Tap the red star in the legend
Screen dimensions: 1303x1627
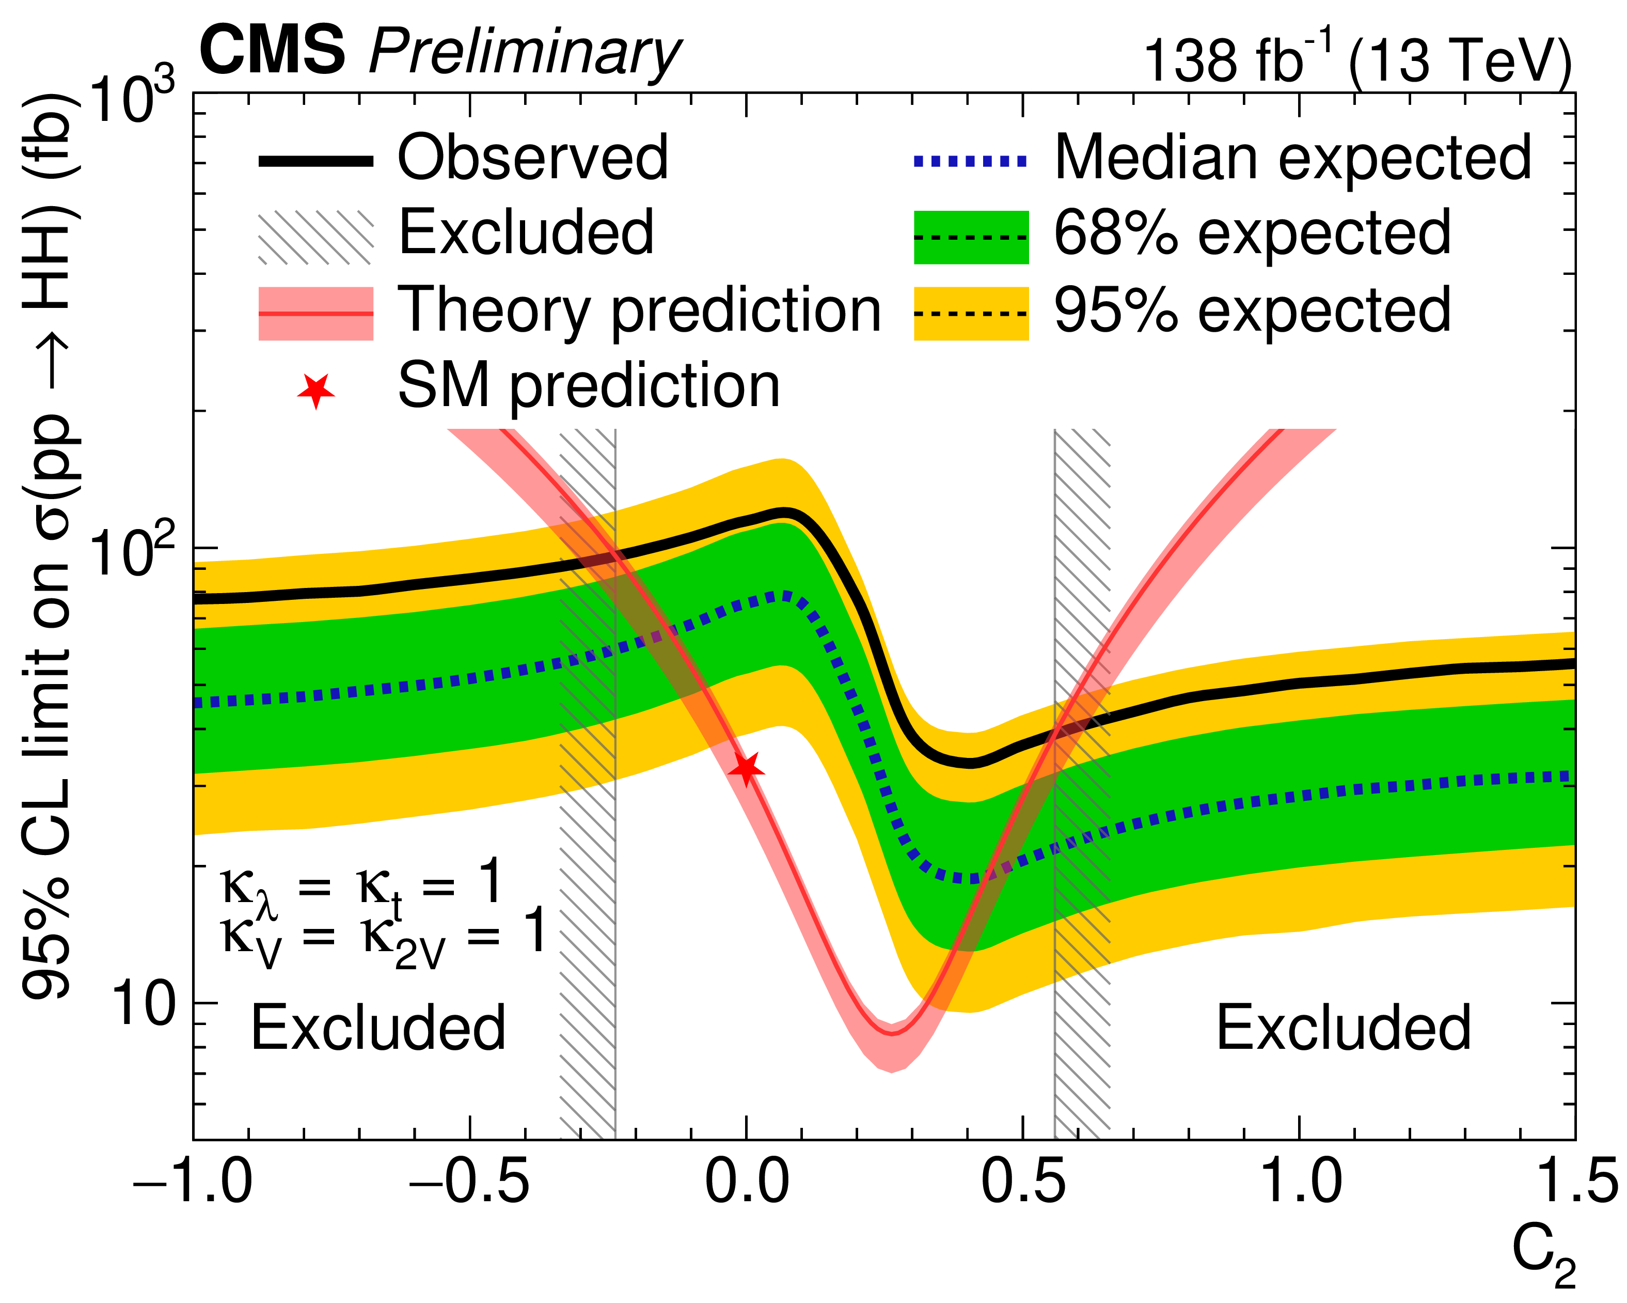pos(315,390)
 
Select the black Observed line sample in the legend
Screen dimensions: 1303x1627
pos(315,161)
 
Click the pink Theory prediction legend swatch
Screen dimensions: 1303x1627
pos(315,313)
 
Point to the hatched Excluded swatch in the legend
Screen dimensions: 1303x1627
pos(315,237)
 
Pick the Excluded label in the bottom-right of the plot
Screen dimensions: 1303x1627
pos(1343,1028)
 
